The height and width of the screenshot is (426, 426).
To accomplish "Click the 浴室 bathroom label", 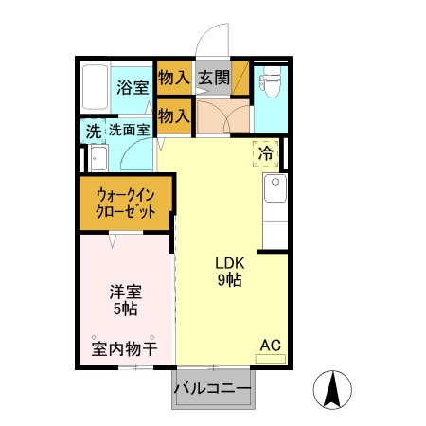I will pos(132,88).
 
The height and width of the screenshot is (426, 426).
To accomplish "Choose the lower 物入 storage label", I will pos(173,117).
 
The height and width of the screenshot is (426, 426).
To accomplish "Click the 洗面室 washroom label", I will pos(128,131).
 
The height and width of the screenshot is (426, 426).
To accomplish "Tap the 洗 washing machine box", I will pos(93,132).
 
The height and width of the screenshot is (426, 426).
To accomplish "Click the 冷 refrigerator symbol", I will pos(266,152).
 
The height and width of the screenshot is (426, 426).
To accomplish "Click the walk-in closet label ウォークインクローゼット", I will pos(125,204).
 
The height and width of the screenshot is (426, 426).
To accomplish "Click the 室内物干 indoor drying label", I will pos(123,349).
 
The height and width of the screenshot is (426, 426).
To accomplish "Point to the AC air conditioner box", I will pos(270,347).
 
